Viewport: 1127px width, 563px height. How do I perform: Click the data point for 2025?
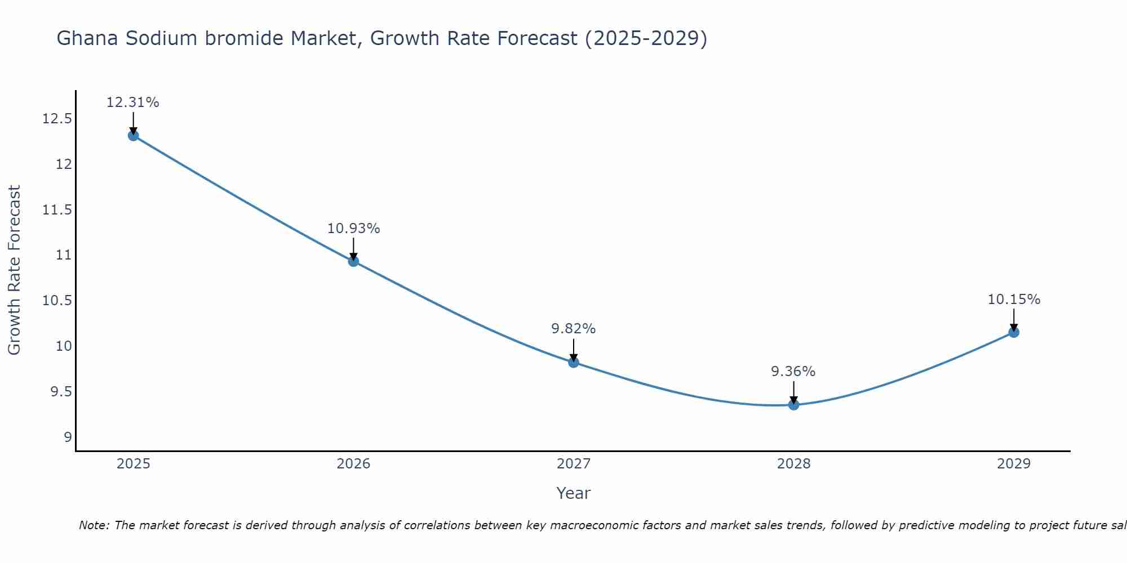click(x=133, y=136)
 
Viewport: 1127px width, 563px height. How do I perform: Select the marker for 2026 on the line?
click(x=353, y=261)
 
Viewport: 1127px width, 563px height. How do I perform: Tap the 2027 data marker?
click(x=574, y=362)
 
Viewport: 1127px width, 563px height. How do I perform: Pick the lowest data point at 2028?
click(x=793, y=404)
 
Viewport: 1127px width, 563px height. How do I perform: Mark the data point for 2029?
click(x=1014, y=332)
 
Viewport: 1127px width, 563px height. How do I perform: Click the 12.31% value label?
click(x=133, y=102)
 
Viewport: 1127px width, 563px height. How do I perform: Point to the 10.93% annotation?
click(x=353, y=229)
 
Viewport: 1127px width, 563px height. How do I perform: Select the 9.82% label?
click(x=574, y=329)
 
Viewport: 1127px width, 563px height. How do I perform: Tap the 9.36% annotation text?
click(x=793, y=372)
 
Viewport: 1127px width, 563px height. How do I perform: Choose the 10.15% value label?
click(x=1014, y=300)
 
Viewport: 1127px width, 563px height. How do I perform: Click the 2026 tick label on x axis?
click(x=353, y=464)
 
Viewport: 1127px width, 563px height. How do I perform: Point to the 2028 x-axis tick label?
click(x=793, y=464)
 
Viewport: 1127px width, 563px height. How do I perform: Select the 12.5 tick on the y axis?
click(x=57, y=119)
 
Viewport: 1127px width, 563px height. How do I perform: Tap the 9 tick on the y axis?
click(x=68, y=437)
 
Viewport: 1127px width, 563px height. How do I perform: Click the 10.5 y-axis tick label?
click(x=57, y=301)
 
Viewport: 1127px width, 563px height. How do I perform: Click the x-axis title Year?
click(x=573, y=493)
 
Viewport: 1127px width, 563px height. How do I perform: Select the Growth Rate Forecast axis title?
click(x=14, y=270)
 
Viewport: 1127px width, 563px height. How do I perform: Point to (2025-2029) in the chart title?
click(x=646, y=39)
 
